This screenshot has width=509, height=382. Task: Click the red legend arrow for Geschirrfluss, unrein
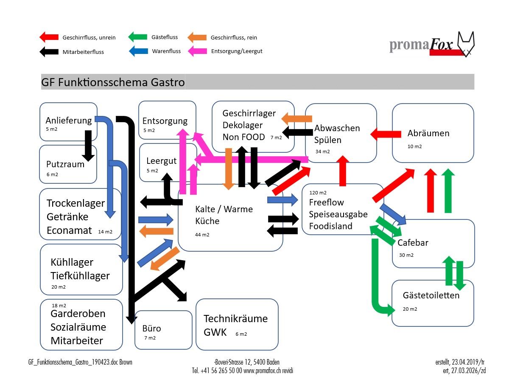(48, 37)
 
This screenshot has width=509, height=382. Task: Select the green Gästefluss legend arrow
(138, 37)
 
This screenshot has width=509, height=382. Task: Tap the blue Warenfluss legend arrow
(138, 51)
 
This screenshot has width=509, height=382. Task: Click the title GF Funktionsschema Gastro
(113, 82)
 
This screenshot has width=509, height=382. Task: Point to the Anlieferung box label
(68, 120)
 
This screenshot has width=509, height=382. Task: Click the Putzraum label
(65, 164)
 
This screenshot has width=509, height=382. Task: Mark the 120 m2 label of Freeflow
(318, 192)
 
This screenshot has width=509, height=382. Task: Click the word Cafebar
(413, 243)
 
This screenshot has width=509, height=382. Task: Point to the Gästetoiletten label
(431, 295)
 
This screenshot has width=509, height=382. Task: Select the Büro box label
(151, 329)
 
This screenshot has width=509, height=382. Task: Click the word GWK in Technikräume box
(215, 332)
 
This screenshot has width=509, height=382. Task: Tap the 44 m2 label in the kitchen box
(202, 235)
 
